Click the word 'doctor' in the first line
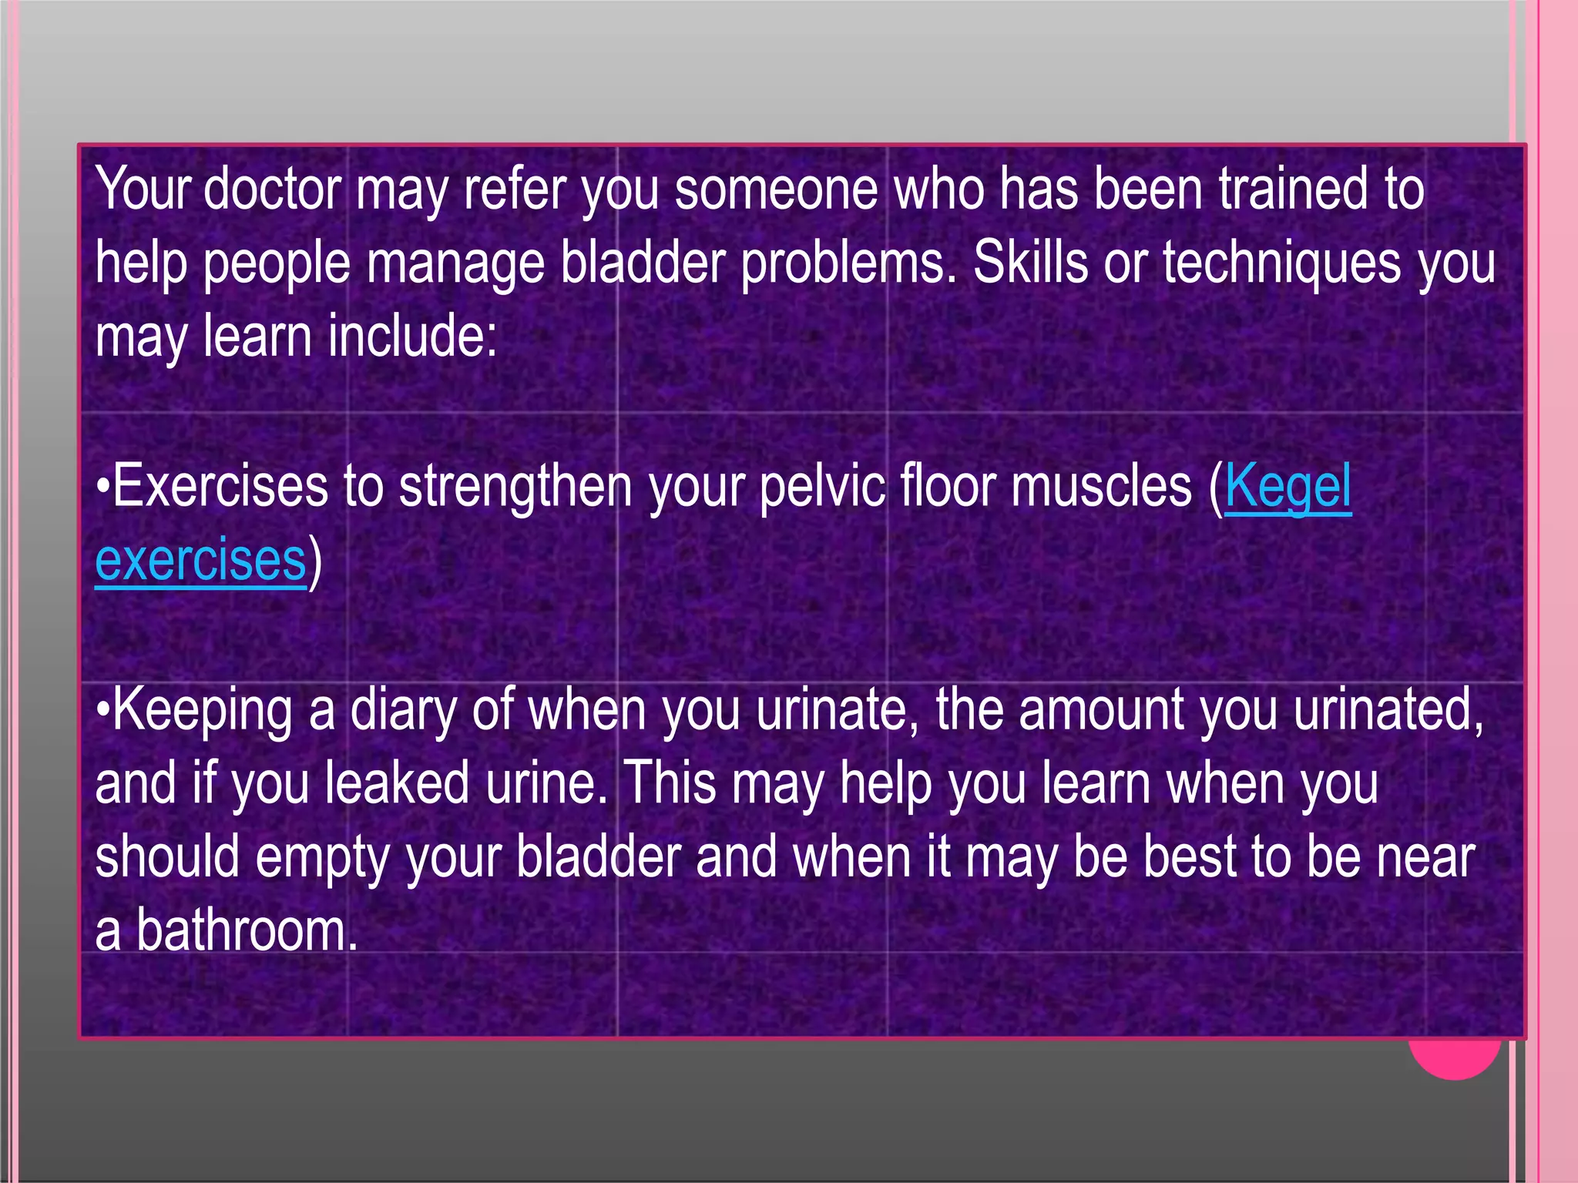pos(272,189)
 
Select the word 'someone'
pos(775,189)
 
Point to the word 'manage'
pos(455,264)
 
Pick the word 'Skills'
pos(1030,264)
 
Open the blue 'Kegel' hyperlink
pos(1288,487)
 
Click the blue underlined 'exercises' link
pos(201,561)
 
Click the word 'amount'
pos(1100,710)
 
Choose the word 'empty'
pos(321,858)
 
